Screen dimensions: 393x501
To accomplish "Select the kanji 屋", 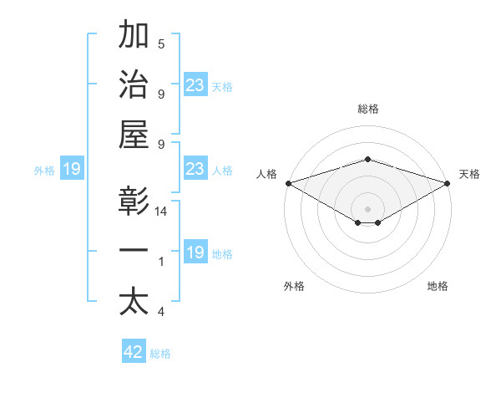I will pyautogui.click(x=134, y=135).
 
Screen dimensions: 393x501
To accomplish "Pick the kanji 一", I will pyautogui.click(x=134, y=252).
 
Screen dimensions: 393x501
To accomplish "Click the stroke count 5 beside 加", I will pyautogui.click(x=161, y=44).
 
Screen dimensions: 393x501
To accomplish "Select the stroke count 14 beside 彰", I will pyautogui.click(x=161, y=212).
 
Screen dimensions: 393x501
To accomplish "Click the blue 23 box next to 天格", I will pyautogui.click(x=195, y=85).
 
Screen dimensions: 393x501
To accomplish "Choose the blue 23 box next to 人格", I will pyautogui.click(x=195, y=170).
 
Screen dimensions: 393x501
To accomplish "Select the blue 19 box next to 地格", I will pyautogui.click(x=195, y=253).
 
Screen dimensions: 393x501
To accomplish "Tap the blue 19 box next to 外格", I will pyautogui.click(x=71, y=170).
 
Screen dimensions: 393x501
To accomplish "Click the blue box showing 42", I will pyautogui.click(x=134, y=352).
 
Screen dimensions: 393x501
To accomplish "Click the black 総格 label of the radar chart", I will pyautogui.click(x=367, y=109).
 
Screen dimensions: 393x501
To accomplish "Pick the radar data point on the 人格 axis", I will pyautogui.click(x=287, y=183).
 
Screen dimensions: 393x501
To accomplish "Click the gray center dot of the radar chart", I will pyautogui.click(x=367, y=208).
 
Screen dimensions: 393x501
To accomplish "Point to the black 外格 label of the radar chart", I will pyautogui.click(x=294, y=287).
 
